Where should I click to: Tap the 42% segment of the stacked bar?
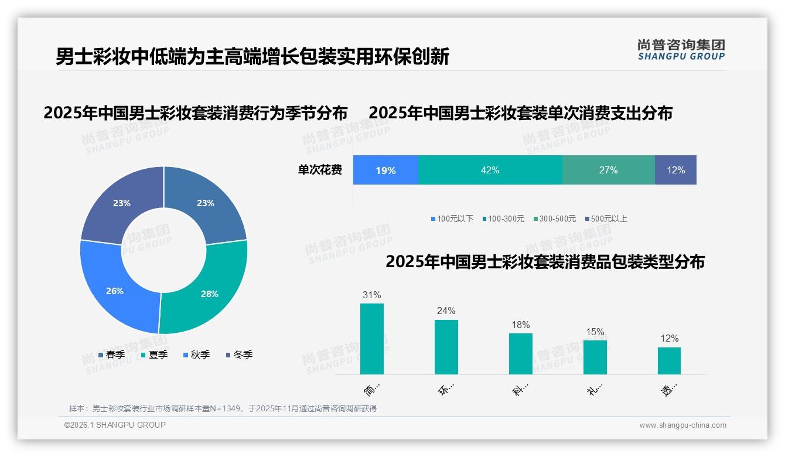pyautogui.click(x=490, y=170)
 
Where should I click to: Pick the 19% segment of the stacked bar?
pyautogui.click(x=385, y=170)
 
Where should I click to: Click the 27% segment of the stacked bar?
pyautogui.click(x=608, y=170)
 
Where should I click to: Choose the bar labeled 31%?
pyautogui.click(x=372, y=339)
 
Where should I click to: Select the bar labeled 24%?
pyautogui.click(x=446, y=347)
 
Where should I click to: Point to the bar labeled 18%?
pyautogui.click(x=520, y=354)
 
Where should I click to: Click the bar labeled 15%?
pyautogui.click(x=595, y=357)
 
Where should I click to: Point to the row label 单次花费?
pyautogui.click(x=320, y=170)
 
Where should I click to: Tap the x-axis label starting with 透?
pyautogui.click(x=670, y=389)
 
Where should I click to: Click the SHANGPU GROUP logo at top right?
pyautogui.click(x=681, y=50)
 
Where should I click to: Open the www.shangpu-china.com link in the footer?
pyautogui.click(x=682, y=425)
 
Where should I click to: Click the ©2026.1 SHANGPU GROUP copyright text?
pyautogui.click(x=115, y=425)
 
